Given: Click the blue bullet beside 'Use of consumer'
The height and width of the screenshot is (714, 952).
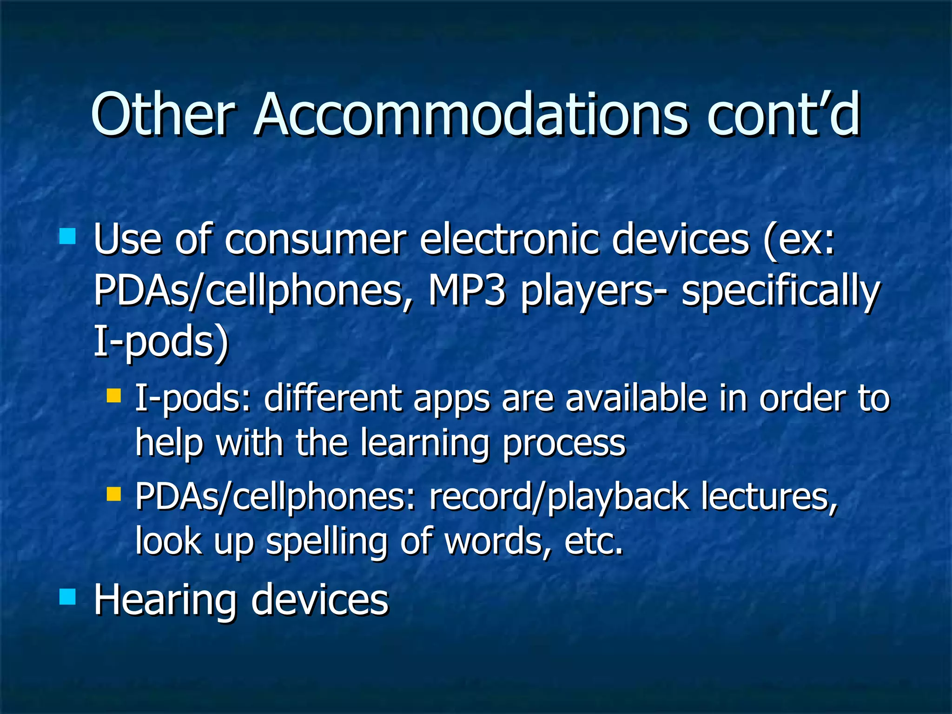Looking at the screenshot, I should pos(68,236).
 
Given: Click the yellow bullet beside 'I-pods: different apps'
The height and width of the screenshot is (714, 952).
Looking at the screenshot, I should pos(113,396).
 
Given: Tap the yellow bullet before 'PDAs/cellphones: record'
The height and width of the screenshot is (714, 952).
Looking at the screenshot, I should pos(113,494).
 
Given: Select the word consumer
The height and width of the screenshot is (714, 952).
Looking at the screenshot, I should pos(316,240).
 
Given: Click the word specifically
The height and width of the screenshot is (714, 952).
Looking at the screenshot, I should pos(780,293).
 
